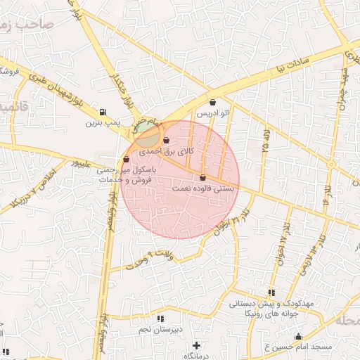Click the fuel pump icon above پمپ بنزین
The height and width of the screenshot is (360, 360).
[103, 112]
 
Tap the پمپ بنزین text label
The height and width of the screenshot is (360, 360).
[100, 123]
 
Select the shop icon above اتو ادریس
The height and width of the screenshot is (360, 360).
[212, 103]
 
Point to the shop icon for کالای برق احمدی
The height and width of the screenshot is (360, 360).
[166, 141]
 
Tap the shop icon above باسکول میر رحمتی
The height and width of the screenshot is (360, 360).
[126, 160]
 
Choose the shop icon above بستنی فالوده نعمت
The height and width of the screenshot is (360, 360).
[203, 178]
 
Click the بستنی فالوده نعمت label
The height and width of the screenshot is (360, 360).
[204, 188]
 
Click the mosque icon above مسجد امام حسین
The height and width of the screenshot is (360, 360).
[298, 337]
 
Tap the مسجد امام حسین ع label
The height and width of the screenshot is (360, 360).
[297, 347]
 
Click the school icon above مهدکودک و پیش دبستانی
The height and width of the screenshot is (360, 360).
[271, 292]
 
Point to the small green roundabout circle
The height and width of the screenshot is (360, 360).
[147, 133]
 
